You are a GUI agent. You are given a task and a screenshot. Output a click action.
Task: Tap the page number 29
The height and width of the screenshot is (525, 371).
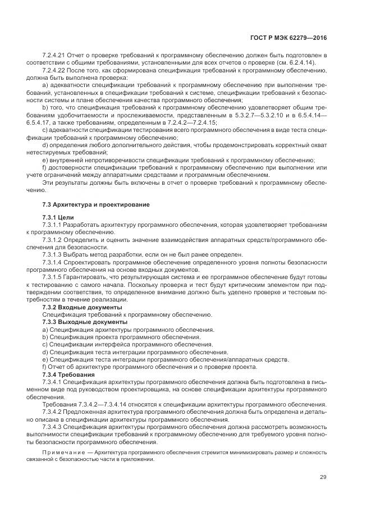coord(323,477)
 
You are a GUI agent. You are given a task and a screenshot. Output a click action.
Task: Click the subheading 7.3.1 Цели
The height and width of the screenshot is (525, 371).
coord(58,217)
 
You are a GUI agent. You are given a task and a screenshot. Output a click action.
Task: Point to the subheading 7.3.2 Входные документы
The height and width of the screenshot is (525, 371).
coord(82,308)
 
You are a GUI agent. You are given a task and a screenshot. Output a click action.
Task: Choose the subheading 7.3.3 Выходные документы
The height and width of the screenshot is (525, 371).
coord(84,322)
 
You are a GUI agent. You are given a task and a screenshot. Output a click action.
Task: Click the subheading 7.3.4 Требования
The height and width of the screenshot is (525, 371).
coord(68,374)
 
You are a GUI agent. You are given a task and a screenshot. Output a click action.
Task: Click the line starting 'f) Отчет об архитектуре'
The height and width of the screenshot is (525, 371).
coord(149,367)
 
